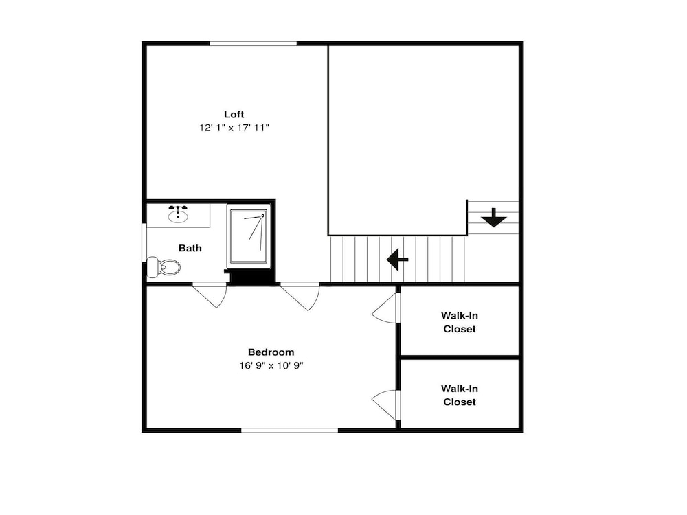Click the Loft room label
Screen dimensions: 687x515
pos(234,114)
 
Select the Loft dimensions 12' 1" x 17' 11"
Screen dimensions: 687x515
pos(234,128)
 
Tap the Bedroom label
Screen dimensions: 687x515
pos(271,352)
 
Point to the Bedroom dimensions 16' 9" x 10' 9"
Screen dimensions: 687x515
pos(271,366)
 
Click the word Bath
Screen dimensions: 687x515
pos(190,249)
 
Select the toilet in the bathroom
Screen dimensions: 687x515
pos(164,266)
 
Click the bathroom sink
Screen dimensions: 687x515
pos(178,214)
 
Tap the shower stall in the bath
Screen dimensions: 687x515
pos(249,236)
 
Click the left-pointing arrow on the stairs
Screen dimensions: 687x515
pos(397,260)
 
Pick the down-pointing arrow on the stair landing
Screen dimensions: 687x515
pos(494,218)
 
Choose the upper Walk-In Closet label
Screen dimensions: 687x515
pos(459,322)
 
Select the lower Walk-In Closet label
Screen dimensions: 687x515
pos(459,396)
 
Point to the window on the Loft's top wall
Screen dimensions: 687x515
pos(254,43)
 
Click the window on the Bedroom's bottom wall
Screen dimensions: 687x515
pos(290,431)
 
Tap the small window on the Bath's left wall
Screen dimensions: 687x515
pos(144,243)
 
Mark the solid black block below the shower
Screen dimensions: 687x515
pos(250,277)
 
